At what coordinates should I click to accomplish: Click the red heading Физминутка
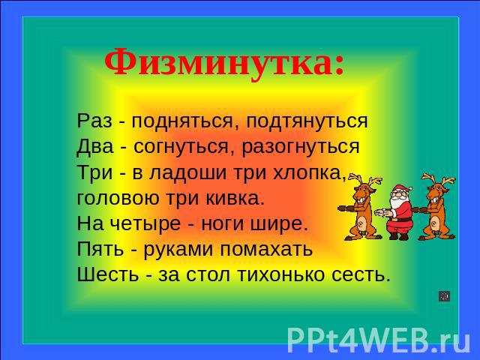(224, 63)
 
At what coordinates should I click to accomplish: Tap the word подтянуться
(307, 121)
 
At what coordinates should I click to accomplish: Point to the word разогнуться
(301, 148)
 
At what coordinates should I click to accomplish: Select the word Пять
(100, 249)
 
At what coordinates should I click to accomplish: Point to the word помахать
(266, 249)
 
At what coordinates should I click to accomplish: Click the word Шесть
(108, 274)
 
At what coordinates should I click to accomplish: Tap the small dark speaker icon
(445, 296)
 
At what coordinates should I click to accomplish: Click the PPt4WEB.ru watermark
(379, 340)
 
